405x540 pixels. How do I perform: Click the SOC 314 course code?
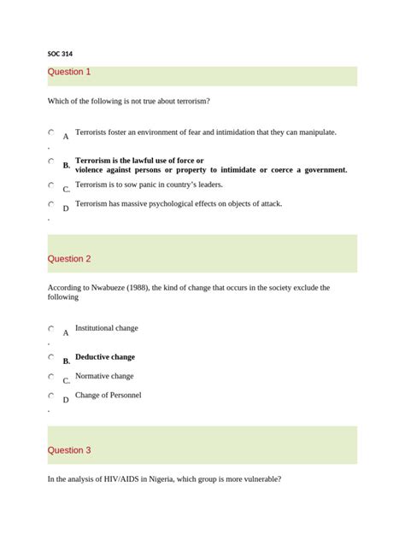coord(60,53)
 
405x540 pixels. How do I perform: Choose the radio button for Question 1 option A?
coord(51,132)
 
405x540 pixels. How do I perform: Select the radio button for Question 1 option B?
coord(51,160)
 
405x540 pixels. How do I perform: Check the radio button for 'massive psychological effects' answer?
coord(51,204)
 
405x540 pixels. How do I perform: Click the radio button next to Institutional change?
coord(51,328)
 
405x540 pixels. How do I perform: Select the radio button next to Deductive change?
coord(51,356)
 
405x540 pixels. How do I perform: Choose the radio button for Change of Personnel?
coord(51,396)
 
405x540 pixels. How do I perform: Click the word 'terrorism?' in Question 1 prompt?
coord(191,102)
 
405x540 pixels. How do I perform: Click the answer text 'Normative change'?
coord(104,376)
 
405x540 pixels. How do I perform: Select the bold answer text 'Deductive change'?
coord(105,356)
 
